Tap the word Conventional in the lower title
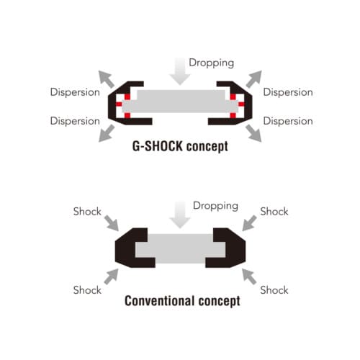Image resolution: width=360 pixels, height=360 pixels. click(159, 300)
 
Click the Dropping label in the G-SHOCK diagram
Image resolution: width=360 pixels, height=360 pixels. click(211, 63)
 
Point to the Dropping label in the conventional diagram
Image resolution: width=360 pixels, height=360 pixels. click(215, 206)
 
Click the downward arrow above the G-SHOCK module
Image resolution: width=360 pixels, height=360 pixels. click(180, 71)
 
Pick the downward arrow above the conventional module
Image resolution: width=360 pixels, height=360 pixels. click(180, 215)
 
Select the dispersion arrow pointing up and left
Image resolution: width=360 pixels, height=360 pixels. click(107, 79)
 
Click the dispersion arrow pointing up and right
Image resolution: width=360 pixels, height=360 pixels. click(253, 79)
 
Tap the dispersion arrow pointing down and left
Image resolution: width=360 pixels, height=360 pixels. click(107, 133)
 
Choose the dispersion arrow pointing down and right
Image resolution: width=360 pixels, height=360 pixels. click(253, 133)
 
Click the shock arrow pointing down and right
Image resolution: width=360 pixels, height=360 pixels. click(112, 223)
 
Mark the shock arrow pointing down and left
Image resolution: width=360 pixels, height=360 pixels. click(249, 223)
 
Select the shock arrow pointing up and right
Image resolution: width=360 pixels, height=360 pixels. click(112, 276)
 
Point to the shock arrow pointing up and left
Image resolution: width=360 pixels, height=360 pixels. click(249, 276)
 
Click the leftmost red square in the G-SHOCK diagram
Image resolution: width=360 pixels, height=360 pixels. click(119, 104)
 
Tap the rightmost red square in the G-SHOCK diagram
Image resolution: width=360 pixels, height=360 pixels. click(241, 104)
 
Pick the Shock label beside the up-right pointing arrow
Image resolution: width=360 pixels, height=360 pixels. click(87, 290)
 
